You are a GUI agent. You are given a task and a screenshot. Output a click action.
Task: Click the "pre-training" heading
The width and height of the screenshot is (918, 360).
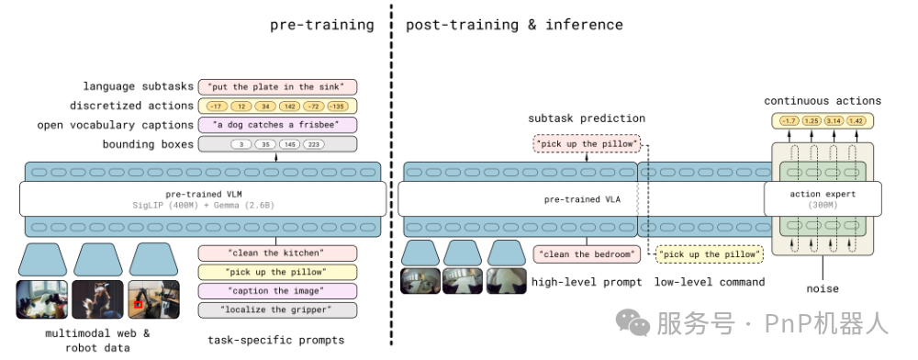pos(321,25)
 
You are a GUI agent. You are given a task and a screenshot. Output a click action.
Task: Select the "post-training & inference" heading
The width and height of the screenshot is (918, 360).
pos(514,25)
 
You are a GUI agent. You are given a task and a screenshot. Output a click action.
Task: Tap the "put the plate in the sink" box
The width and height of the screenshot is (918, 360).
pos(276,86)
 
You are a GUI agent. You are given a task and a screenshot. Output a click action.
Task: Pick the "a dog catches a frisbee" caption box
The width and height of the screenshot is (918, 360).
pos(276,125)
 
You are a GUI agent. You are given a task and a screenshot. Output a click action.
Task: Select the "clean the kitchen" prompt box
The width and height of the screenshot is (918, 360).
pos(276,253)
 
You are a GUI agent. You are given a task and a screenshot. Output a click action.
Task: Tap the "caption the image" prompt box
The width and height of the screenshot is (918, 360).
pos(276,291)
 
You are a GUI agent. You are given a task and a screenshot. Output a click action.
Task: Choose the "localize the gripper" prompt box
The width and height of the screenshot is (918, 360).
pos(276,310)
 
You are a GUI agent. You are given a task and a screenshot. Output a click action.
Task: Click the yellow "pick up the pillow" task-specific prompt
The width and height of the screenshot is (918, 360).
pos(276,272)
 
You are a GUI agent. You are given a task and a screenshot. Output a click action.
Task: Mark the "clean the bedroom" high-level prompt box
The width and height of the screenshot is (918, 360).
pos(586,254)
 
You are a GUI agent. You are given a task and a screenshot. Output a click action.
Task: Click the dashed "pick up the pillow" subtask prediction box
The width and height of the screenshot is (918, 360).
pos(587,145)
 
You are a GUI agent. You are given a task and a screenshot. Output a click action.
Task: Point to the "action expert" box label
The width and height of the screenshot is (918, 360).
pos(823,194)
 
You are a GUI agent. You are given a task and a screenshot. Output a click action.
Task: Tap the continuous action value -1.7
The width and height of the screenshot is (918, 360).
pos(788,120)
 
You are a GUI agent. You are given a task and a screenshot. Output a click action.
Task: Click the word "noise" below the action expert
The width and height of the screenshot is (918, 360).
pos(822,288)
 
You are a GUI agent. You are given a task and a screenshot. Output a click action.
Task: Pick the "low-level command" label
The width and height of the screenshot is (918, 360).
pos(709,282)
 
